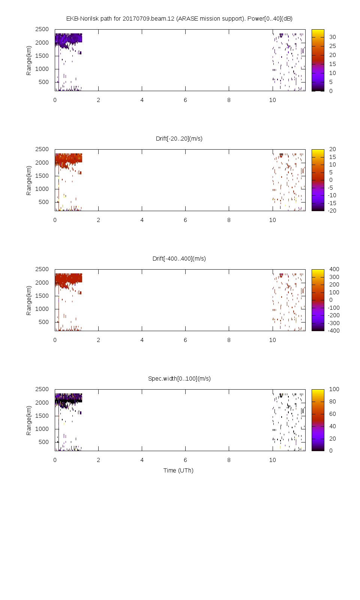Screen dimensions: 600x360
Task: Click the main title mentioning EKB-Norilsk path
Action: tap(179, 19)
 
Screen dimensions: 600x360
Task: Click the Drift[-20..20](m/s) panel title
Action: tap(179, 139)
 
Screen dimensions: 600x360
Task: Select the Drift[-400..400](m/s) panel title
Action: tap(179, 259)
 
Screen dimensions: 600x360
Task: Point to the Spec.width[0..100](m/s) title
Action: tap(179, 379)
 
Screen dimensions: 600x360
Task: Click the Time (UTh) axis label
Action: tap(178, 471)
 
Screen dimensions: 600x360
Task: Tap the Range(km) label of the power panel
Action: tap(29, 60)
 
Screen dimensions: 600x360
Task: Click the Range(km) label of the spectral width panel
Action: tap(29, 420)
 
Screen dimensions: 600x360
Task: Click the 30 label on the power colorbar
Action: tap(333, 37)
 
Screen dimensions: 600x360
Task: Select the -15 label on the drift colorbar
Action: tap(332, 203)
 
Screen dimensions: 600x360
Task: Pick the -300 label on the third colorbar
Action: tap(334, 323)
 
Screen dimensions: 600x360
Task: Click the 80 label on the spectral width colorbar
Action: tap(333, 402)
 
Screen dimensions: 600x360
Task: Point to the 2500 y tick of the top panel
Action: tap(42, 29)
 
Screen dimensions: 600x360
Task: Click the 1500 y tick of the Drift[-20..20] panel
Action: tap(42, 176)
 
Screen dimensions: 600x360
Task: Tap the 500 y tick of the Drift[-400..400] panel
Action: tap(43, 322)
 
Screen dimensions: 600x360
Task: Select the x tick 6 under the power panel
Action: tap(185, 100)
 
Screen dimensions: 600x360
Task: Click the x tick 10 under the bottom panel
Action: tap(272, 460)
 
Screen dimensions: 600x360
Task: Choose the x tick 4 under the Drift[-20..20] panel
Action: tap(142, 220)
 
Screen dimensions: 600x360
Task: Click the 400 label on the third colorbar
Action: tap(334, 269)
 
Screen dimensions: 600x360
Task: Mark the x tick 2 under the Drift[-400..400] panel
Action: tap(98, 340)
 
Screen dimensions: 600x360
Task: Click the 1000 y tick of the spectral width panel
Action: tap(42, 429)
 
